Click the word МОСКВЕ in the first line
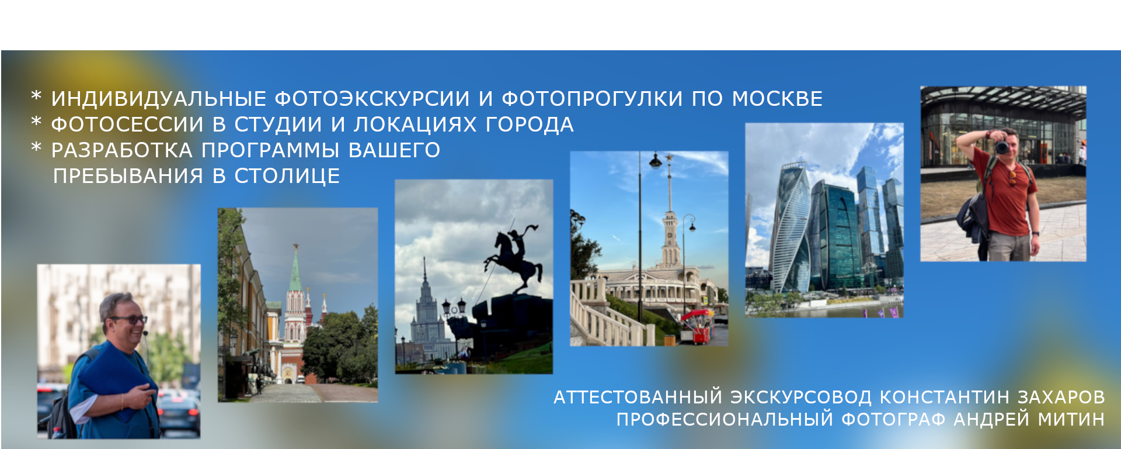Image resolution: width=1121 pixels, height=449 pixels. [x=777, y=99]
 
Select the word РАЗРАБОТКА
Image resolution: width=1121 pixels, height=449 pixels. [x=121, y=150]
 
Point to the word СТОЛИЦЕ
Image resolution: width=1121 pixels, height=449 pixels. [x=287, y=176]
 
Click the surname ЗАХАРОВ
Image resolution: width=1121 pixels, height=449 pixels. [x=1061, y=398]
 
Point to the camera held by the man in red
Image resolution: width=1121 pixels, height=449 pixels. [x=1002, y=146]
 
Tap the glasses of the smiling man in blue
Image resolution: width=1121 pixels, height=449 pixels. [x=130, y=320]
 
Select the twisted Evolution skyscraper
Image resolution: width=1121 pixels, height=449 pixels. [x=789, y=228]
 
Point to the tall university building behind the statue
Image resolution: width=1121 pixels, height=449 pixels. [x=424, y=316]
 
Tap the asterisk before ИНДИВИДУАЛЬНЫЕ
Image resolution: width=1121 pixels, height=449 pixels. [x=36, y=96]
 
